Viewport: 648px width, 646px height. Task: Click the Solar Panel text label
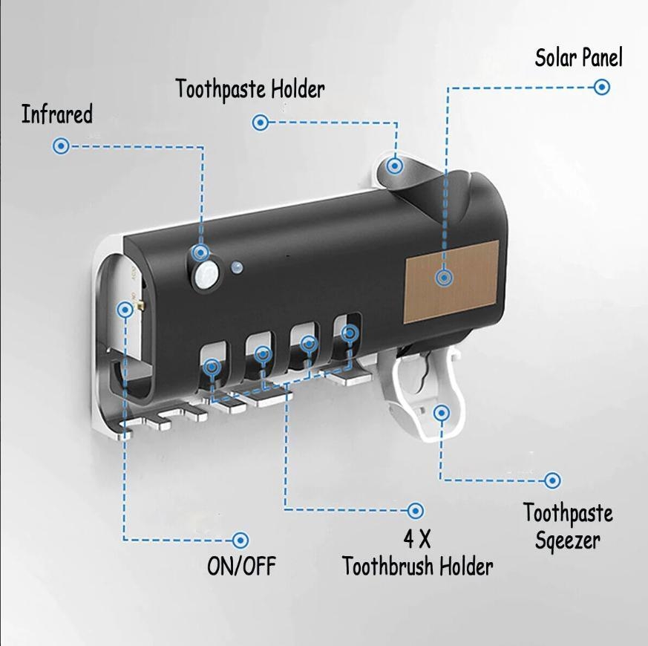coord(578,57)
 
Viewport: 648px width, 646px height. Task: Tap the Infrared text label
coord(57,114)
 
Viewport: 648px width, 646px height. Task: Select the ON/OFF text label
coord(241,566)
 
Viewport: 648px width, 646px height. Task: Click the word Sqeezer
coord(567,541)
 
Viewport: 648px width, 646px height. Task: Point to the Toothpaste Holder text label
coord(250,89)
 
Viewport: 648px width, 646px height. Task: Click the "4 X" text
coord(417,539)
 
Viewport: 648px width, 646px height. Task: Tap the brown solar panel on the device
coord(451,281)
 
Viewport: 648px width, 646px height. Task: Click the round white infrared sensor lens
coord(206,275)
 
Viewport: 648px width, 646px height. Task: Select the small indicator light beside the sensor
coord(238,267)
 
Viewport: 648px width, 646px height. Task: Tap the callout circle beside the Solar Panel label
coord(602,87)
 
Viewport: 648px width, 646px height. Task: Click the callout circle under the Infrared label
coord(61,146)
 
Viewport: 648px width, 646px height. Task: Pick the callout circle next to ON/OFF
coord(240,541)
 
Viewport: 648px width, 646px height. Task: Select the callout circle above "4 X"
coord(416,511)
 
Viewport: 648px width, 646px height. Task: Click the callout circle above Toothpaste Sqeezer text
coord(552,480)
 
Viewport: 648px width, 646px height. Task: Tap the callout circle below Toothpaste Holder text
coord(261,123)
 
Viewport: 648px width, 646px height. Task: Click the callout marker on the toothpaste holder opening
coord(395,166)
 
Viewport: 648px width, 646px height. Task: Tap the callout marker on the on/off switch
coord(125,310)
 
